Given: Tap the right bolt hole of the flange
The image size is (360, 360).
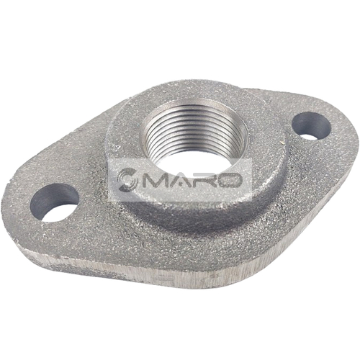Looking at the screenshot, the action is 312,126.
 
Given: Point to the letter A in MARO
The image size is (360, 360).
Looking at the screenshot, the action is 181,180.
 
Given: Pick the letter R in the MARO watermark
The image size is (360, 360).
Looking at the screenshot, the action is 204,180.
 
